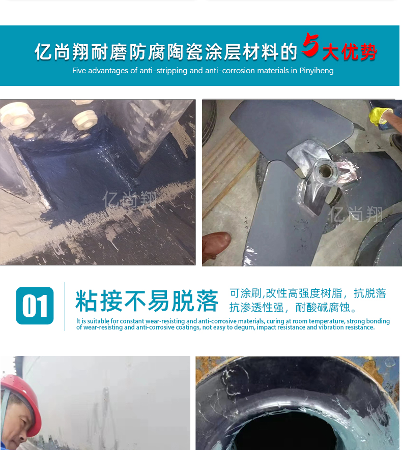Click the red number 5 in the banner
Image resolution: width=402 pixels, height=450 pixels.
[310, 45]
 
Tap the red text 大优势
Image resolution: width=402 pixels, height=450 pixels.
[350, 52]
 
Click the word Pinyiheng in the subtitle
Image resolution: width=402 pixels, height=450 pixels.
[317, 71]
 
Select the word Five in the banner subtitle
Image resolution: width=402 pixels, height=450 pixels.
[79, 70]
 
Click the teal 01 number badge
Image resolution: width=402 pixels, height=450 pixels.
[35, 306]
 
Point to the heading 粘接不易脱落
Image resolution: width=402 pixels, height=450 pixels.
[147, 301]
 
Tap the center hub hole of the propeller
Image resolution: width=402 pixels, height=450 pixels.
[326, 171]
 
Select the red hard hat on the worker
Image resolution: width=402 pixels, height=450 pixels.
[21, 398]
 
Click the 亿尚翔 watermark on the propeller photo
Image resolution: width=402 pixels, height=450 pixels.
[356, 215]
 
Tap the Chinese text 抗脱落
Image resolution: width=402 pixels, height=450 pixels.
[370, 293]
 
